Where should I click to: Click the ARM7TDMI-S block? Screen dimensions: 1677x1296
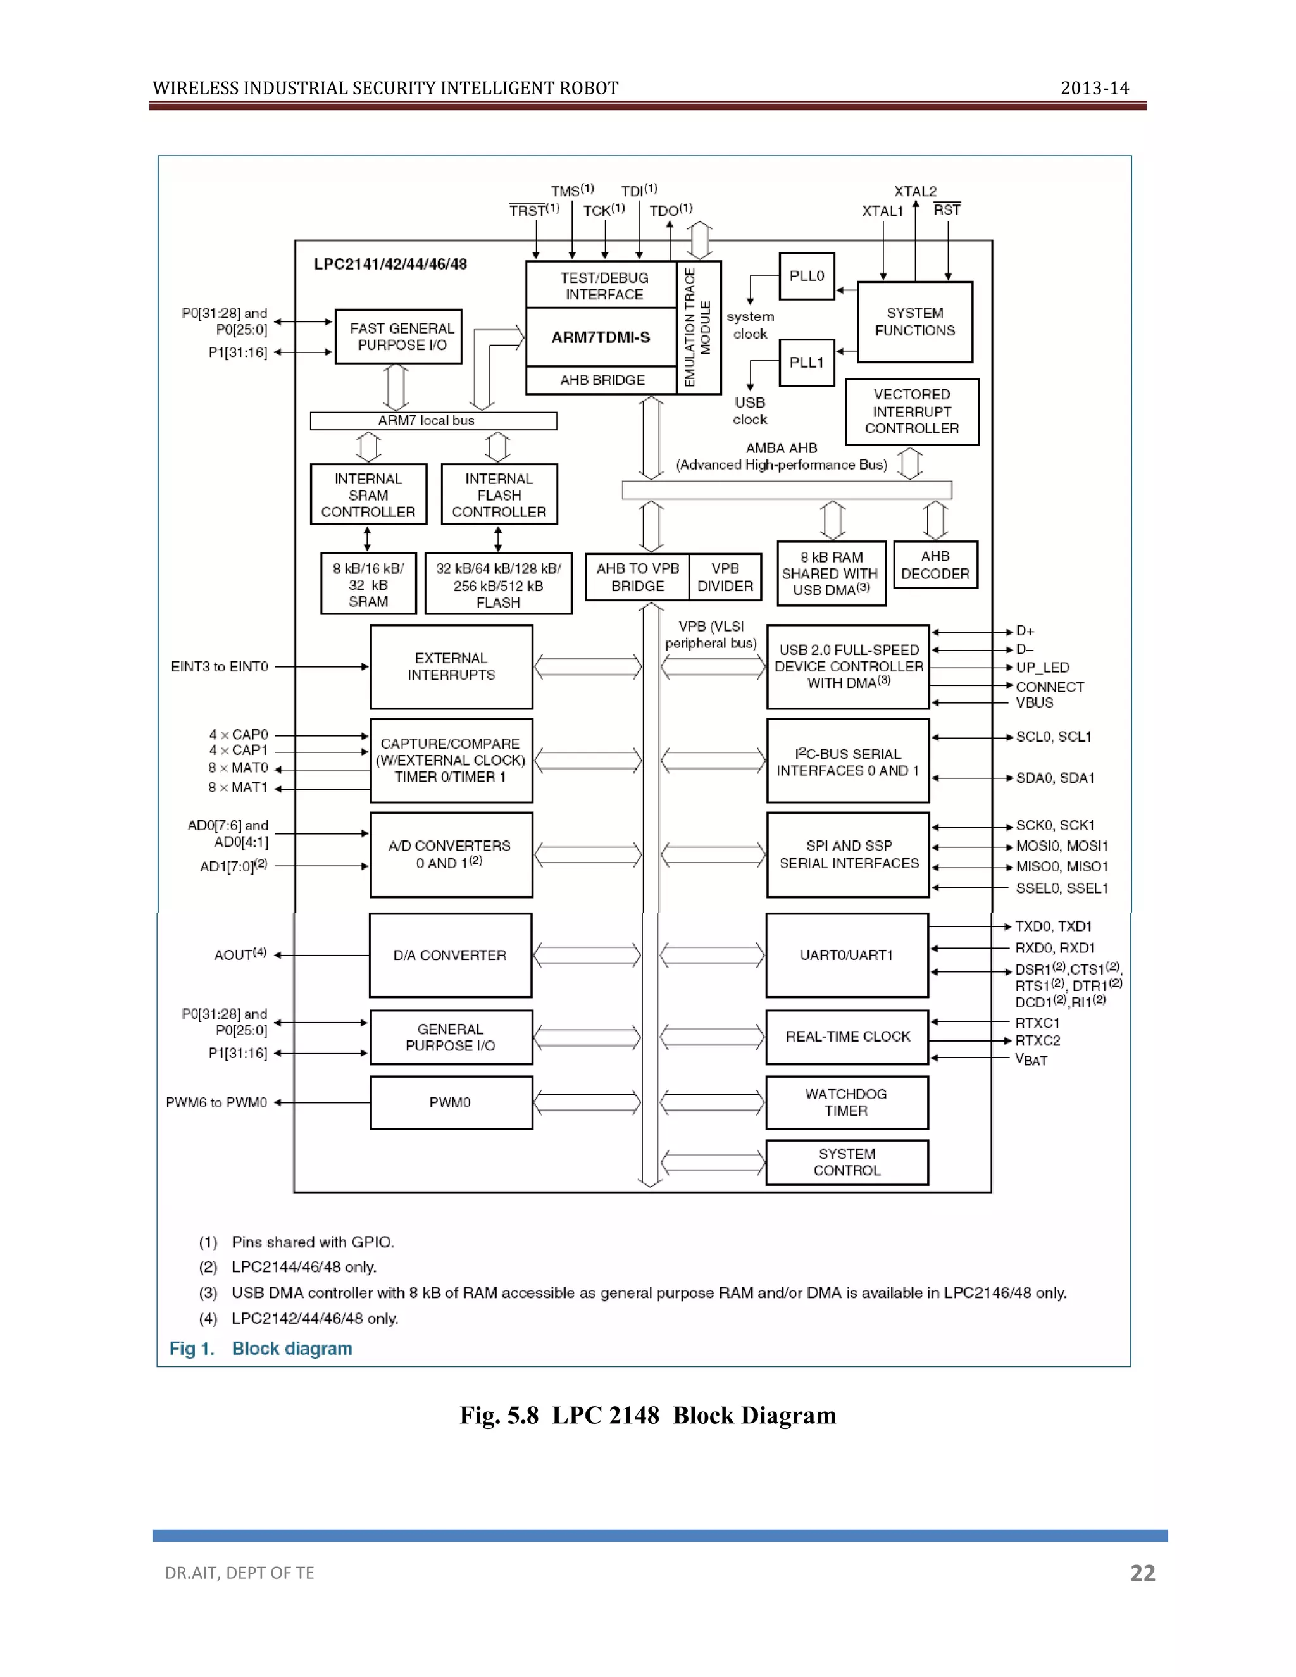(x=601, y=337)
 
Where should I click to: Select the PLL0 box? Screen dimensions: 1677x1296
(x=806, y=276)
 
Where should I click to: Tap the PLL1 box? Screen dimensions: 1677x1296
(x=806, y=363)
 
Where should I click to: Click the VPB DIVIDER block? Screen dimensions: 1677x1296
(x=725, y=577)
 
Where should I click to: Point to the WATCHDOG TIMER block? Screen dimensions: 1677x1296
(x=846, y=1102)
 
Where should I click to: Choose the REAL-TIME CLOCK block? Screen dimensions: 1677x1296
(x=847, y=1037)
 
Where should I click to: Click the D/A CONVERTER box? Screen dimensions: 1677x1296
(x=450, y=955)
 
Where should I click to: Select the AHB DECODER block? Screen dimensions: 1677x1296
(x=935, y=565)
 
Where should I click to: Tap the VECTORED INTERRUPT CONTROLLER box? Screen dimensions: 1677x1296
(x=911, y=411)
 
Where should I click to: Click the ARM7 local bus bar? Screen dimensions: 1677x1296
(x=433, y=421)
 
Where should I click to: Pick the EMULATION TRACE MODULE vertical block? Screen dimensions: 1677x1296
(x=698, y=328)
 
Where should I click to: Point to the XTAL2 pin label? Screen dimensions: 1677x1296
(x=915, y=191)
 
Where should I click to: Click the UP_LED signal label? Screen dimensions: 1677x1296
(x=1043, y=667)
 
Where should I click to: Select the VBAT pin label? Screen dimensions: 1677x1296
(x=1031, y=1059)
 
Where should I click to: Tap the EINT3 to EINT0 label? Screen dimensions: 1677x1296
(x=220, y=666)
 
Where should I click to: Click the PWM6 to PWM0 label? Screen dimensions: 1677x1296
(x=216, y=1102)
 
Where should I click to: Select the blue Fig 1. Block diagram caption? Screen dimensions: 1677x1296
(x=261, y=1349)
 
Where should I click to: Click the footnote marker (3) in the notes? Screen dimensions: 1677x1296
(x=208, y=1293)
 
